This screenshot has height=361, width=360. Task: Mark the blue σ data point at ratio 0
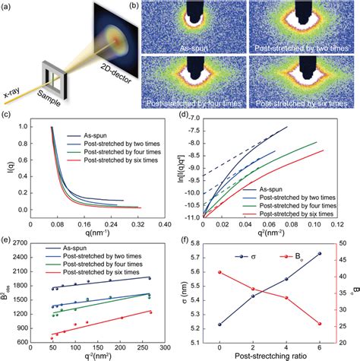click(x=219, y=325)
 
